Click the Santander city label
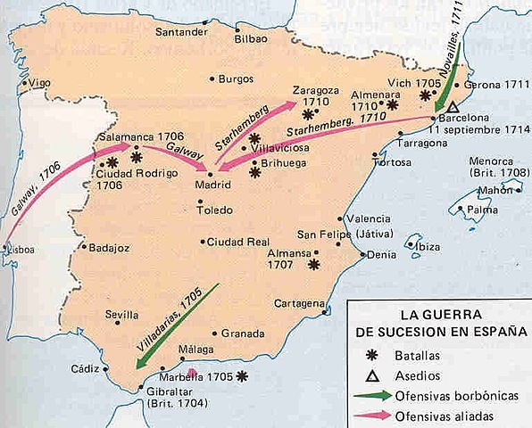click(x=182, y=32)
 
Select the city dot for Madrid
click(x=211, y=174)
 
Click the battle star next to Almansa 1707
click(x=313, y=264)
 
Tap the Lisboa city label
click(x=20, y=251)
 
